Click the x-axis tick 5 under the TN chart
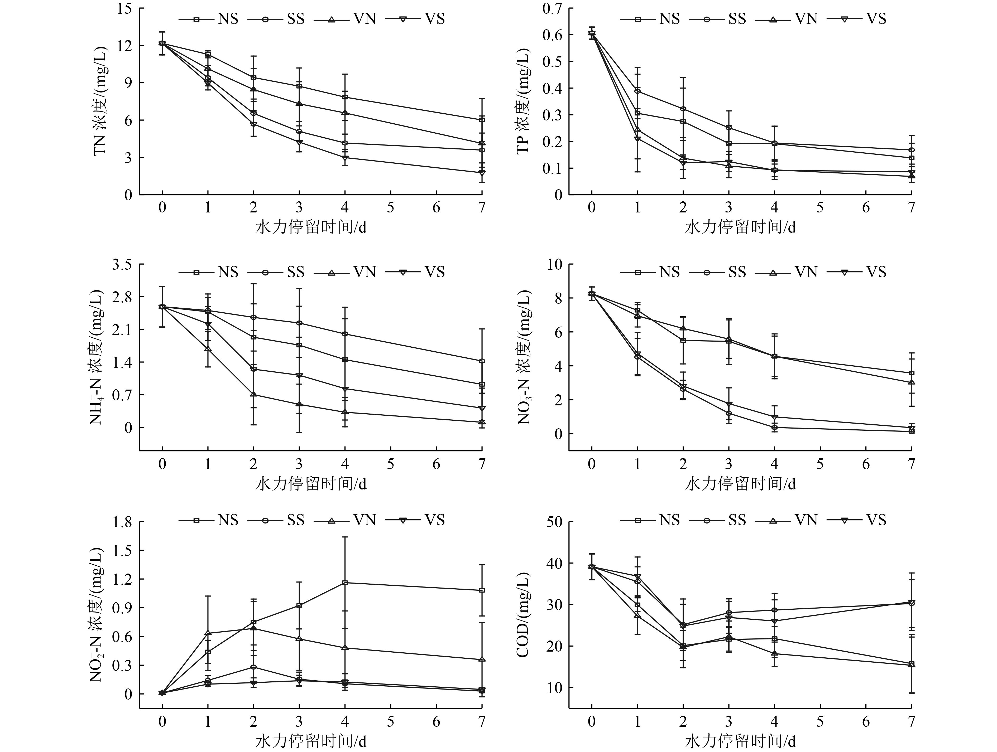point(390,208)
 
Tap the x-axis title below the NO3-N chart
point(740,484)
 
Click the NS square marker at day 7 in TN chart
point(482,120)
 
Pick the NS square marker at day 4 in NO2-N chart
point(345,583)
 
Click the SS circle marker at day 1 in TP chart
point(637,91)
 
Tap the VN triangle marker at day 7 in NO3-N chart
point(911,382)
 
